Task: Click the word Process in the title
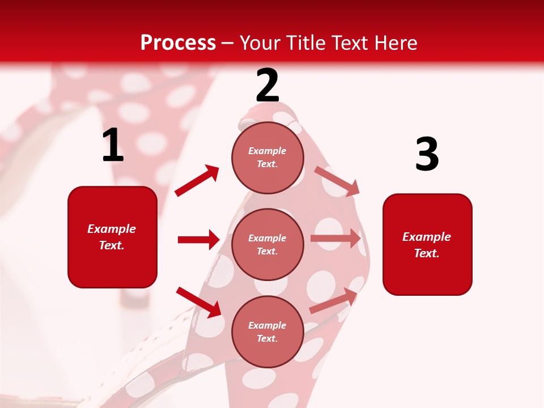(x=178, y=42)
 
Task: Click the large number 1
(x=113, y=146)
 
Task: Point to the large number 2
(x=267, y=86)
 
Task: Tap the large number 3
(x=427, y=155)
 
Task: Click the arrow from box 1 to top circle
(x=197, y=181)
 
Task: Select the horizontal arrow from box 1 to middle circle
(x=198, y=240)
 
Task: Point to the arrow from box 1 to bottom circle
(x=199, y=301)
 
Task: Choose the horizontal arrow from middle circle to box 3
(x=335, y=239)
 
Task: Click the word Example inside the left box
(x=112, y=229)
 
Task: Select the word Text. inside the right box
(x=427, y=253)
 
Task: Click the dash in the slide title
(x=228, y=43)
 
